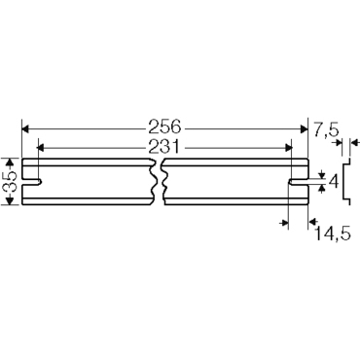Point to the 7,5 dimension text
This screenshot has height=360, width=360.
tap(326, 127)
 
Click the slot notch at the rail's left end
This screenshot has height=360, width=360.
tap(30, 182)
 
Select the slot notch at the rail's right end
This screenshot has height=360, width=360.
tap(298, 182)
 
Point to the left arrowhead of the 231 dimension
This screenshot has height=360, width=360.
tap(41, 147)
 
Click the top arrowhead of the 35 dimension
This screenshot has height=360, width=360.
tap(10, 163)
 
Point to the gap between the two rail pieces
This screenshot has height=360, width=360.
tap(160, 182)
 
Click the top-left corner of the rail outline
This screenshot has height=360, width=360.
tap(21, 160)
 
